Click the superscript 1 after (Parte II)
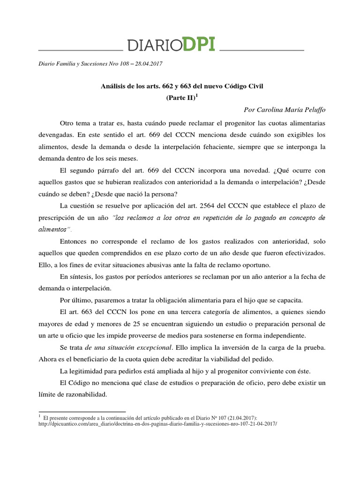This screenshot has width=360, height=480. tap(197, 95)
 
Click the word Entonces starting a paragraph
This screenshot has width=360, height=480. tap(76, 242)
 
